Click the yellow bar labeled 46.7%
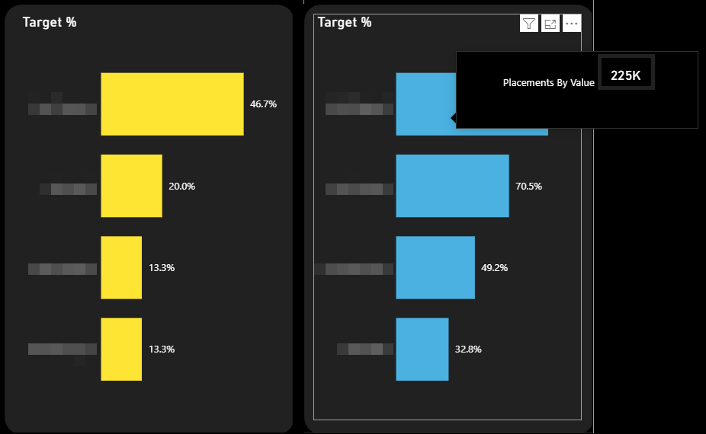click(x=172, y=104)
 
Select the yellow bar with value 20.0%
click(x=131, y=186)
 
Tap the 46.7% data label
click(x=263, y=104)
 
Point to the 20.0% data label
click(x=181, y=187)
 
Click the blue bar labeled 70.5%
click(x=452, y=186)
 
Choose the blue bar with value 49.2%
click(x=435, y=267)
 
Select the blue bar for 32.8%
click(x=422, y=349)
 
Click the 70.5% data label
click(x=528, y=187)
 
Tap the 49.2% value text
click(x=494, y=268)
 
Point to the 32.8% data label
click(x=468, y=349)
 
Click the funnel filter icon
click(x=528, y=24)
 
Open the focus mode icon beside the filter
click(x=550, y=24)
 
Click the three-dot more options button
click(x=572, y=24)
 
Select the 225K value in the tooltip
click(x=626, y=76)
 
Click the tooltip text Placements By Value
click(x=548, y=82)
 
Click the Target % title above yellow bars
click(x=50, y=22)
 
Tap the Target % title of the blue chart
click(x=345, y=22)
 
